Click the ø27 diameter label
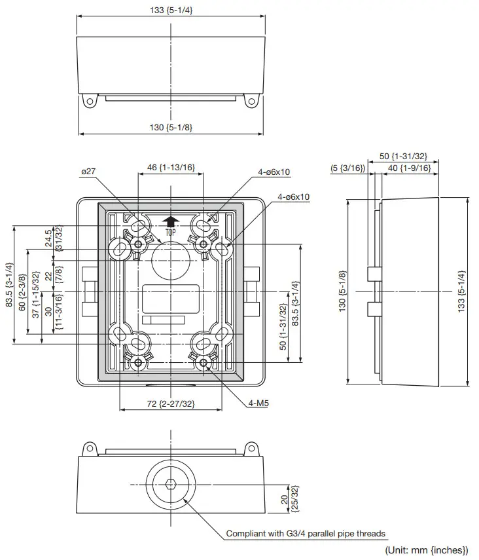(x=88, y=171)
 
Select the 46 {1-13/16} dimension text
(x=171, y=168)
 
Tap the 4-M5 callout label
(x=258, y=404)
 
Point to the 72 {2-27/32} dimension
(x=170, y=404)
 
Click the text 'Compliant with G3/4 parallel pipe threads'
(x=306, y=533)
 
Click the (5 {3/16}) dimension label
(x=347, y=168)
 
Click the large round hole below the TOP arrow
(x=170, y=259)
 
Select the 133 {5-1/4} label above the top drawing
(x=171, y=9)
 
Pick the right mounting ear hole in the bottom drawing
(x=251, y=449)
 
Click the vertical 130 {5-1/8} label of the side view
(x=342, y=291)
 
